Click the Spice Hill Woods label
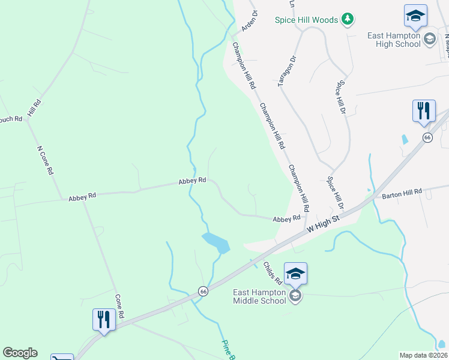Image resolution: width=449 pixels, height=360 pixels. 306,20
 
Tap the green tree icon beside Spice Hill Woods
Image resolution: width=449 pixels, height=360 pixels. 347,20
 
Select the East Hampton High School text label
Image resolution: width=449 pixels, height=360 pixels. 394,40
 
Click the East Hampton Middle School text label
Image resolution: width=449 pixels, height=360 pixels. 259,296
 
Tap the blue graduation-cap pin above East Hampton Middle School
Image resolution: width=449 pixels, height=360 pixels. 295,274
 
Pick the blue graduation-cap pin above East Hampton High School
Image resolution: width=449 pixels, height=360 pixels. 415,16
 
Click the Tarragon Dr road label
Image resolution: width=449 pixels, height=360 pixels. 288,71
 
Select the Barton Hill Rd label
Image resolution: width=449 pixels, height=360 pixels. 402,193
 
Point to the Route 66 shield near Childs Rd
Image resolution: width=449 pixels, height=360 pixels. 203,290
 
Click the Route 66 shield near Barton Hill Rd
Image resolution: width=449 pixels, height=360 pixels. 427,137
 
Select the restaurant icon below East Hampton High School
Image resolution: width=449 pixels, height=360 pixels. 423,111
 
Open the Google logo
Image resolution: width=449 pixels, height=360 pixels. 20,353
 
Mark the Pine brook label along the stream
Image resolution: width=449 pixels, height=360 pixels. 228,350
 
